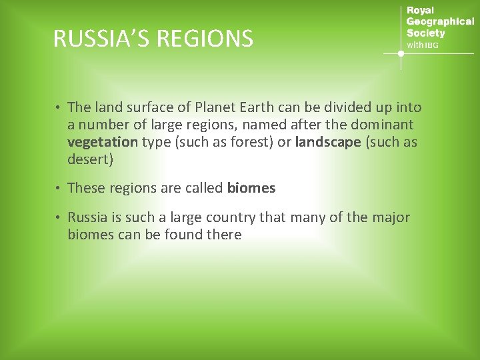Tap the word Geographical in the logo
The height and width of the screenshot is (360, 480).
coord(440,22)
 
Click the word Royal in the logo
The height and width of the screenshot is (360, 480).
coord(420,11)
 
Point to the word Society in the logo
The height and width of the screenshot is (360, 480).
coord(425,33)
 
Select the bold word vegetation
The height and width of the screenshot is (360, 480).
coord(102,142)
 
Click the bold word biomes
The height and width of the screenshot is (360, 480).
coord(251,188)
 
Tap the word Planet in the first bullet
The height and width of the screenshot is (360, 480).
coord(219,107)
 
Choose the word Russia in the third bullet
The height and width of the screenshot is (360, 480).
coord(87,217)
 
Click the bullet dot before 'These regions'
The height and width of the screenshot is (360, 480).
coord(59,189)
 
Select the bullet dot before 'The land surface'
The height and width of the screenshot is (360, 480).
coord(59,108)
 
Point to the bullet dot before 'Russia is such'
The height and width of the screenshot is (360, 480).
coord(59,218)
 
